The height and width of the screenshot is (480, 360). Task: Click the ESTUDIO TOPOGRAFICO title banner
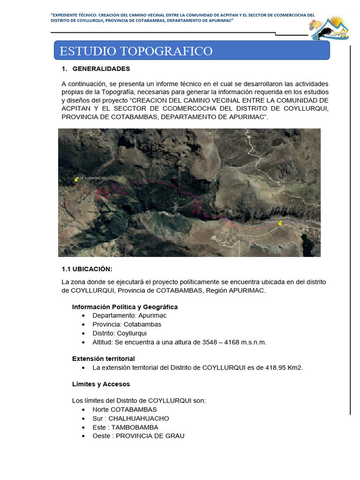[x=192, y=51]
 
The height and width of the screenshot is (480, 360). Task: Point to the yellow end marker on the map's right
[x=280, y=223]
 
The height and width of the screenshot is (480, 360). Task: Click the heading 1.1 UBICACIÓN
[x=87, y=269]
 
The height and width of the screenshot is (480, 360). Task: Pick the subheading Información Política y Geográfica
[x=125, y=307]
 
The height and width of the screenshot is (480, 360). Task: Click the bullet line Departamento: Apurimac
[x=129, y=315]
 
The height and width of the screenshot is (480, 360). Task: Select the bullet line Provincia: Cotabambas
[x=127, y=324]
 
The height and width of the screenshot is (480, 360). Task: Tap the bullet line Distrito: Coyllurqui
[x=120, y=333]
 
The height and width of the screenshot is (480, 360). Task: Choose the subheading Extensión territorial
[x=103, y=359]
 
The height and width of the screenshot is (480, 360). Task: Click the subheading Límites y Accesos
[x=101, y=384]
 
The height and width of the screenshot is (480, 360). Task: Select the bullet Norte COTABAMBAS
[x=125, y=410]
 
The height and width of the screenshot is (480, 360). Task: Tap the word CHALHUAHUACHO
[x=139, y=419]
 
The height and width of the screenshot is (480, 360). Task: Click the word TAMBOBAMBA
[x=134, y=427]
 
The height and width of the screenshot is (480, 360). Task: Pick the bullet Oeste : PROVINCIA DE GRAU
[x=138, y=436]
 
